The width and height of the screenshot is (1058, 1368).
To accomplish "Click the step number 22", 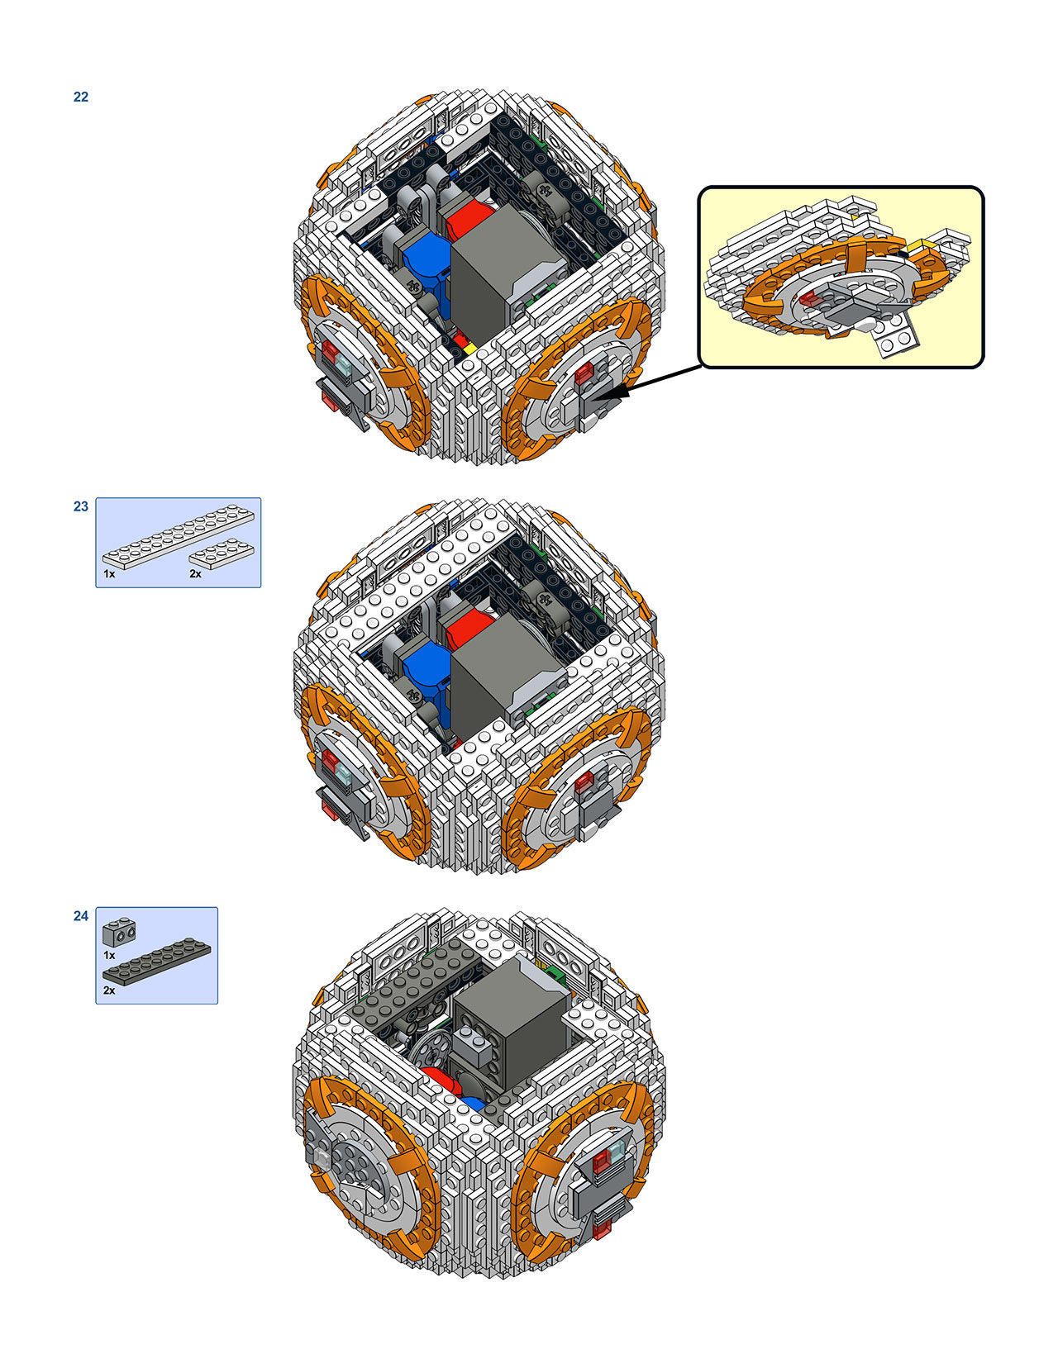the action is pos(81,97).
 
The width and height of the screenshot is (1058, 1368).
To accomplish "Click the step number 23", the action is pos(81,506).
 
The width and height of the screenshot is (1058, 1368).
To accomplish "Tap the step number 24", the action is pos(81,916).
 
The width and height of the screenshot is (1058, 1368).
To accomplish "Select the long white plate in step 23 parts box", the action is pos(179,536).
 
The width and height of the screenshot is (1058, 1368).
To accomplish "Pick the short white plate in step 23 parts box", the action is pos(222,554).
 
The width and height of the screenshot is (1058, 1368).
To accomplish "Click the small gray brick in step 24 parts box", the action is pos(119,933).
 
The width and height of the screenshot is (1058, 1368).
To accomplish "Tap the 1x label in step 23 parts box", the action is pos(109,574).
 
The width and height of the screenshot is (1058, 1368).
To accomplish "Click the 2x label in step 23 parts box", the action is pos(195,574).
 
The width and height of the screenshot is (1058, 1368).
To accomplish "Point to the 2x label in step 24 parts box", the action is pos(109,990).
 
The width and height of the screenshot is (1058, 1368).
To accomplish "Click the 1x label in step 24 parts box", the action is pos(109,955).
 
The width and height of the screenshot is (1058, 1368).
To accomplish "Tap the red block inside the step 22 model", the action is pos(466,217).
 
